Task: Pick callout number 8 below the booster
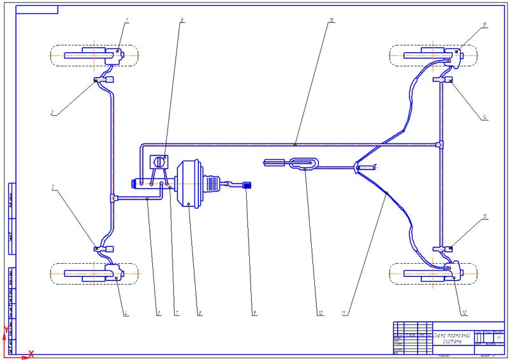pyautogui.click(x=200, y=312)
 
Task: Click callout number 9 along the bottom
pyautogui.click(x=254, y=312)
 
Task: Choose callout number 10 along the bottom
pyautogui.click(x=319, y=312)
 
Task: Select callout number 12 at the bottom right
pyautogui.click(x=465, y=312)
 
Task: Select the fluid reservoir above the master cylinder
pyautogui.click(x=157, y=162)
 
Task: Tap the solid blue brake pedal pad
pyautogui.click(x=248, y=185)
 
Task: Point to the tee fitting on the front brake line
pyautogui.click(x=112, y=198)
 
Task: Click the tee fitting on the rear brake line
pyautogui.click(x=439, y=145)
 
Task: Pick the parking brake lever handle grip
pyautogui.click(x=273, y=164)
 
